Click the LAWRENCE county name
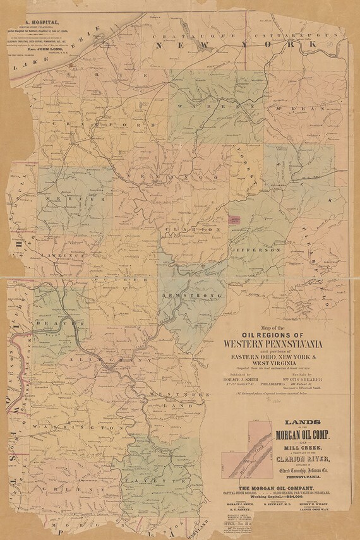[x=63, y=255]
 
